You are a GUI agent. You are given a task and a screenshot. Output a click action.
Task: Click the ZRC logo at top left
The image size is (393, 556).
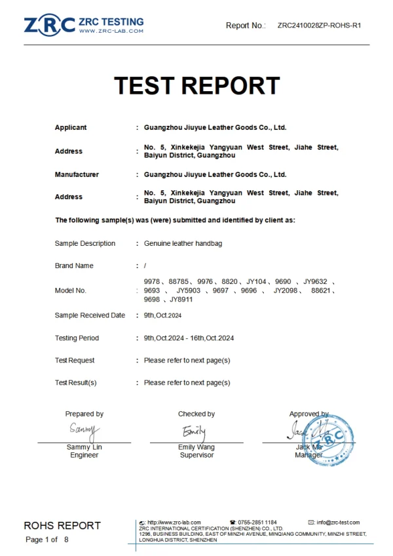click(x=50, y=25)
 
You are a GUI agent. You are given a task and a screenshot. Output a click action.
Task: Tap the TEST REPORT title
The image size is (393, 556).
click(x=196, y=86)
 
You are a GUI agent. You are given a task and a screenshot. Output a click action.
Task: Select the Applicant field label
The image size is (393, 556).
click(x=71, y=128)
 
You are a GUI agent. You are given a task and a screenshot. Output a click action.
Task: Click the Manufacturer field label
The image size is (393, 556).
click(x=77, y=174)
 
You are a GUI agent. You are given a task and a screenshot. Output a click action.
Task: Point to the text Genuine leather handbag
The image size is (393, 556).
click(x=183, y=243)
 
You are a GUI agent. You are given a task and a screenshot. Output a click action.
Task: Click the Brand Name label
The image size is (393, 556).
click(x=74, y=266)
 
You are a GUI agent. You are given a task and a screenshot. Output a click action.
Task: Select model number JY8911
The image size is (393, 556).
click(x=181, y=300)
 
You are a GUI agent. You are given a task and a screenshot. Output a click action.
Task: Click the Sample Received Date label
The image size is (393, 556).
click(x=90, y=315)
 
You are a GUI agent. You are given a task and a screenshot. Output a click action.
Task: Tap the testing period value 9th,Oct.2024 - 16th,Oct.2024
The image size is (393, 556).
click(x=189, y=338)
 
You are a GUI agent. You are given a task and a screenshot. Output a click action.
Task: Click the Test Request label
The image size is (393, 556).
click(x=75, y=360)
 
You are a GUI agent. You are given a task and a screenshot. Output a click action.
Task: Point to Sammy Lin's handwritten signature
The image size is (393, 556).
click(x=84, y=431)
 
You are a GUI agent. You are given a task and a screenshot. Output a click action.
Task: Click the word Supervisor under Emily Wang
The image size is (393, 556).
click(x=196, y=455)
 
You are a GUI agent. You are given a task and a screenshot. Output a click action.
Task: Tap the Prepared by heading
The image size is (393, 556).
click(x=84, y=414)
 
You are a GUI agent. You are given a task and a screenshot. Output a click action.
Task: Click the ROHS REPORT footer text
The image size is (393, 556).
click(x=62, y=525)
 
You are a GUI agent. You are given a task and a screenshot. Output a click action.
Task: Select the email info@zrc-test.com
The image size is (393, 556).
click(x=338, y=523)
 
